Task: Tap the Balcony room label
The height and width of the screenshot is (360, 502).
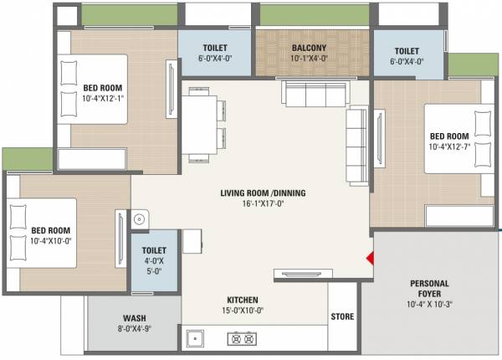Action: point(309,49)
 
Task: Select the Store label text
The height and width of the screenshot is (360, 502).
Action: point(341,316)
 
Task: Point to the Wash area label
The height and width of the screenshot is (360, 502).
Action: point(135,318)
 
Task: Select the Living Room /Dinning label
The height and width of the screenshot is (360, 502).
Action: point(263,193)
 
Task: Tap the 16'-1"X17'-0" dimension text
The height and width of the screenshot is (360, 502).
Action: point(263,204)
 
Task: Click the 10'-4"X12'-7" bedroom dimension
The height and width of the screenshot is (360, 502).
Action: point(449,147)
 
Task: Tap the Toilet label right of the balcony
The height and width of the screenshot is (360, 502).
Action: point(407,50)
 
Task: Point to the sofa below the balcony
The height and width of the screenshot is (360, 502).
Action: point(311,94)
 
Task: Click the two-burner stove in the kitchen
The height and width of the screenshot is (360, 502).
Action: point(242,339)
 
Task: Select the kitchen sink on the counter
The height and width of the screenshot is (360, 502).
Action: point(199,339)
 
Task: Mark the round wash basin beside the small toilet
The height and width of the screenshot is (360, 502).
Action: point(140,220)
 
